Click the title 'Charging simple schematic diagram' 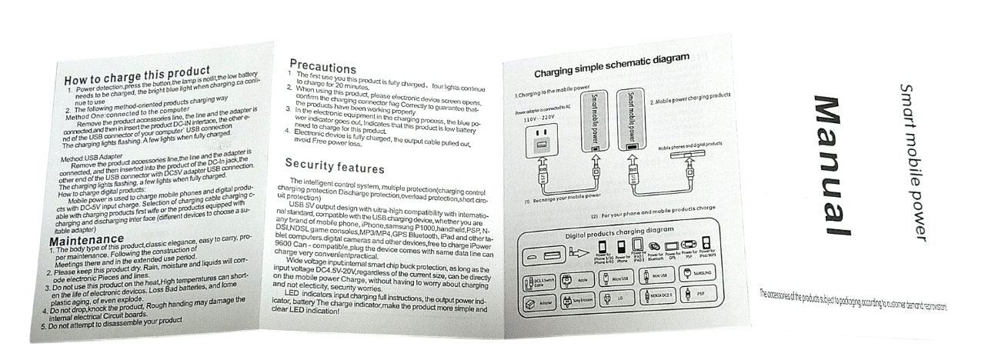612,64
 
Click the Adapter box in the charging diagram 537,305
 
